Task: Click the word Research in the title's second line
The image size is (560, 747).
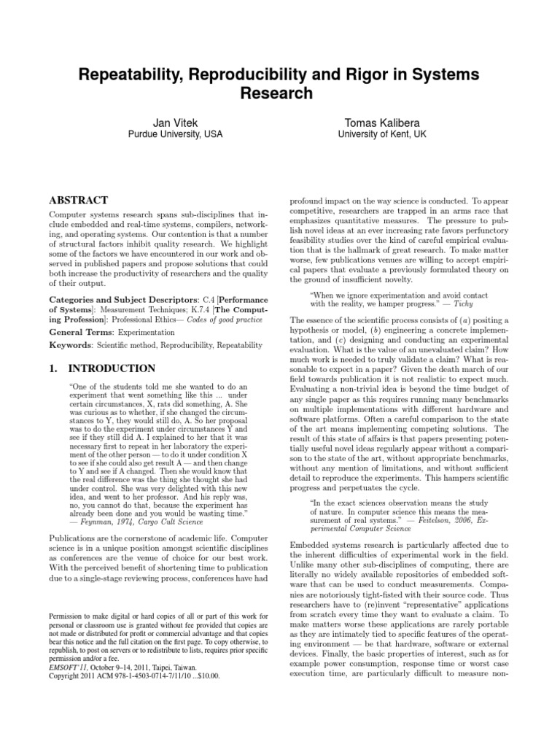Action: click(x=279, y=94)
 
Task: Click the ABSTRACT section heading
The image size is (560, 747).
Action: click(x=78, y=200)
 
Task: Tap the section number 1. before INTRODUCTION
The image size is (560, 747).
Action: click(x=53, y=369)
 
